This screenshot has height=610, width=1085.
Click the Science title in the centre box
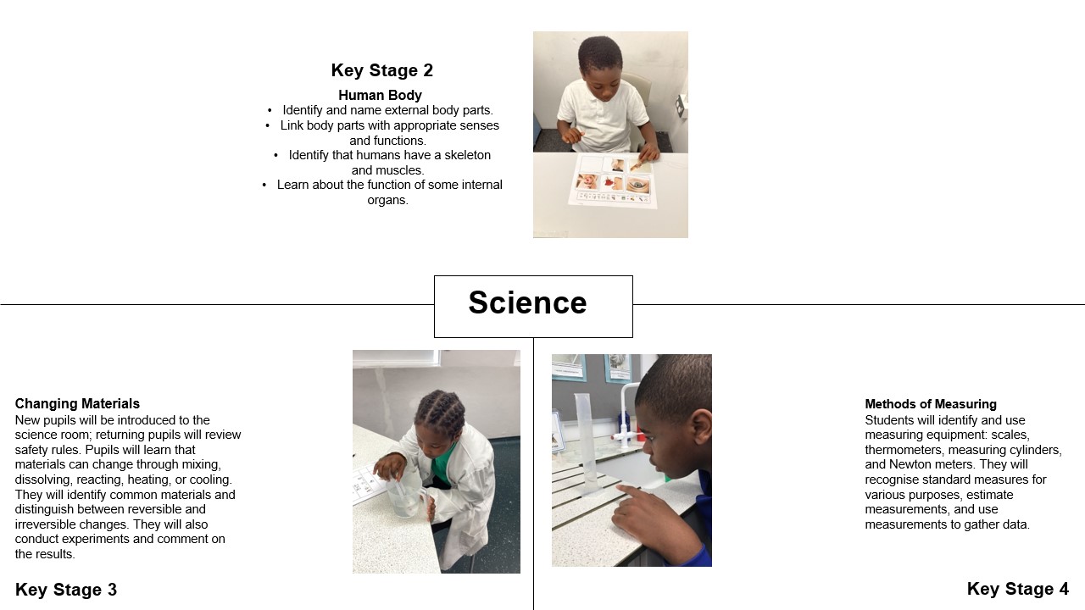pos(527,302)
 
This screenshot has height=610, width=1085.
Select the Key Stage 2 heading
pos(382,70)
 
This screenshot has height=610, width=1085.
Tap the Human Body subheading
pos(380,96)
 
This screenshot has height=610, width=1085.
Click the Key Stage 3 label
pos(66,590)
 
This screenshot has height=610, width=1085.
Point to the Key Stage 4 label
pos(1018,589)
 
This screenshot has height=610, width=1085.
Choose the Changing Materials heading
pos(77,404)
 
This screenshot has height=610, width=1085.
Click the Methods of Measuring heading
pos(931,404)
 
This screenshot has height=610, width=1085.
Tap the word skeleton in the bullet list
pos(467,155)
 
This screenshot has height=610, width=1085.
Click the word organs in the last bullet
pos(387,201)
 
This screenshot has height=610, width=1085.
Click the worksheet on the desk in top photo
pos(612,180)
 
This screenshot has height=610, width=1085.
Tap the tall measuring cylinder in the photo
pos(587,445)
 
